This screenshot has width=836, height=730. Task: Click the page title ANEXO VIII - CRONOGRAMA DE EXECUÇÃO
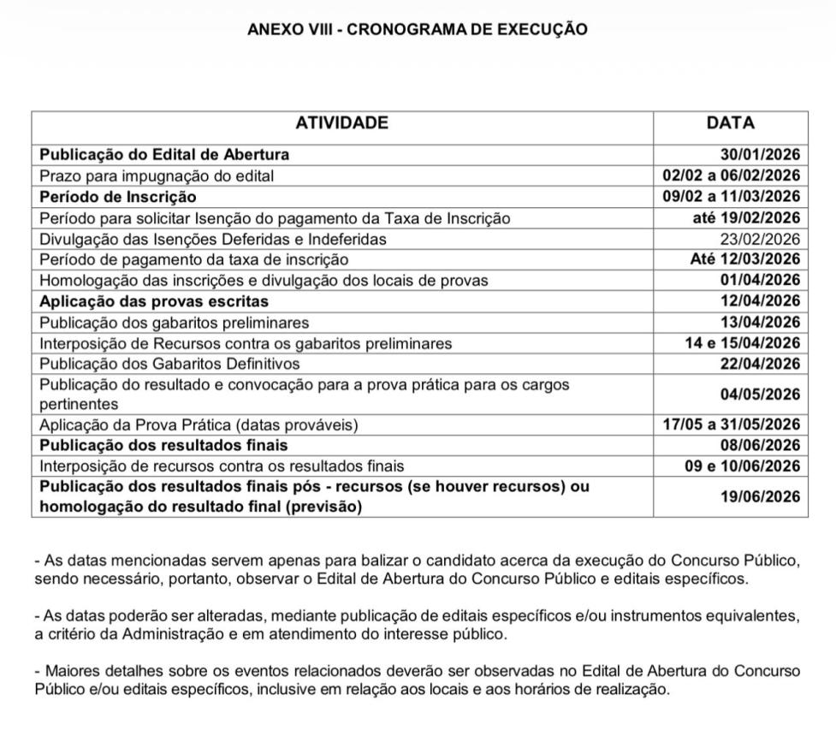coord(418,29)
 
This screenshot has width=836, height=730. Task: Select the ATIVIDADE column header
coord(341,123)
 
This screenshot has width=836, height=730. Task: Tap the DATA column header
coord(730,123)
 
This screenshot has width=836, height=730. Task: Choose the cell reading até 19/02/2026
coord(746,218)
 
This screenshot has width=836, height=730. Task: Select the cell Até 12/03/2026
coord(745,259)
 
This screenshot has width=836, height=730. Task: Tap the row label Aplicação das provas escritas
coord(154,301)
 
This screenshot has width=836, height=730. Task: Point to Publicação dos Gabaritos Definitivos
coord(169,364)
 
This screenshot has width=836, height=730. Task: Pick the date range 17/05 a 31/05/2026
coord(732,424)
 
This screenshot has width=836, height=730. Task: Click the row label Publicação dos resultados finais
coord(163,445)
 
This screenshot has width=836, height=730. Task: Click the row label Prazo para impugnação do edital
coord(157,176)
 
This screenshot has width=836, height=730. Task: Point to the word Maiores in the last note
coord(68,670)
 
